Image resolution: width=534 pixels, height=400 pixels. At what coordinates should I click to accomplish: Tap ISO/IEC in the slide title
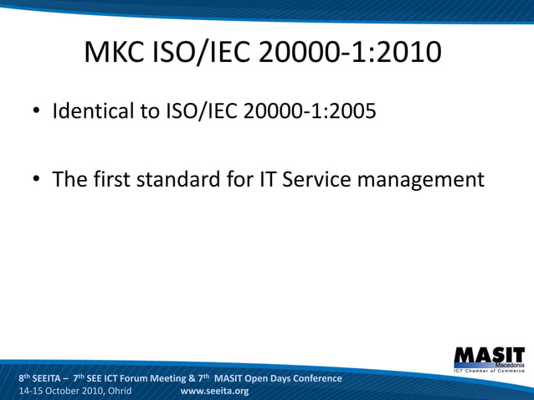205,53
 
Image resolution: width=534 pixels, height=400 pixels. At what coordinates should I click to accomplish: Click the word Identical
93,110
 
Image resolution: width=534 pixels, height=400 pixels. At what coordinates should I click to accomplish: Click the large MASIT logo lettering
489,355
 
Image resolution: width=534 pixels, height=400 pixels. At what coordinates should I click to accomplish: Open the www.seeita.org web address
214,391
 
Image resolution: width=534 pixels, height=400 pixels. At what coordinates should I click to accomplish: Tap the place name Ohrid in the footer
115,391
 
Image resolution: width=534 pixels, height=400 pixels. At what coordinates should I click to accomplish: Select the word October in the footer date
69,391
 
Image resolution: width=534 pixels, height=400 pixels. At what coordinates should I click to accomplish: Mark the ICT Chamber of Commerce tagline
489,371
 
